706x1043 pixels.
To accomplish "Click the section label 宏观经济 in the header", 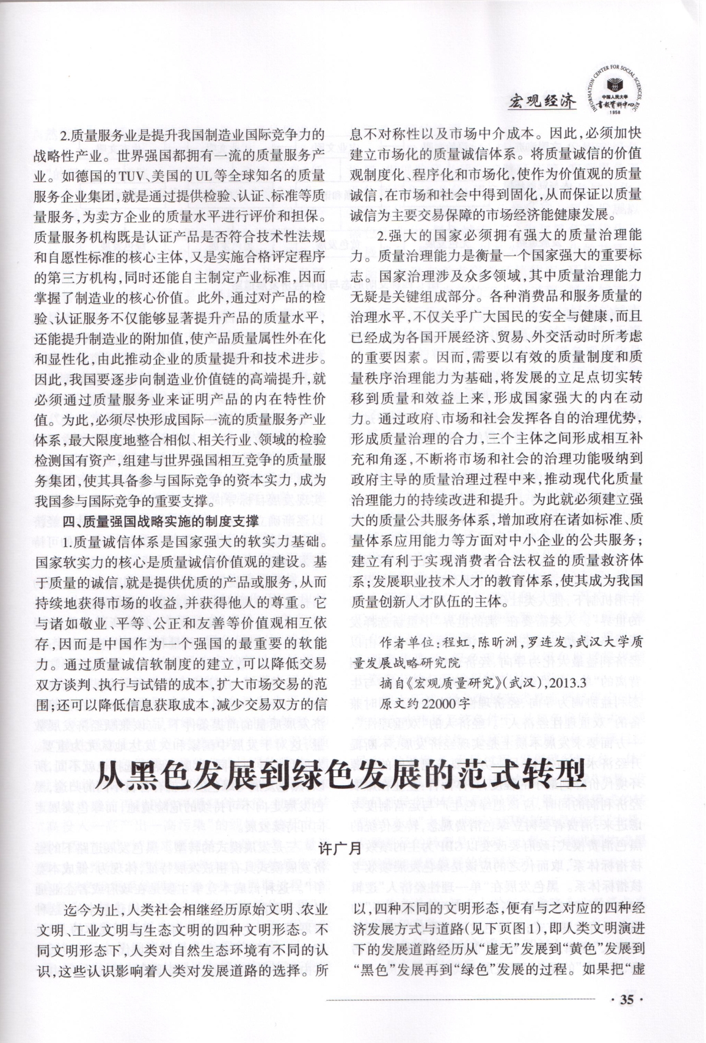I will click(x=542, y=101).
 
